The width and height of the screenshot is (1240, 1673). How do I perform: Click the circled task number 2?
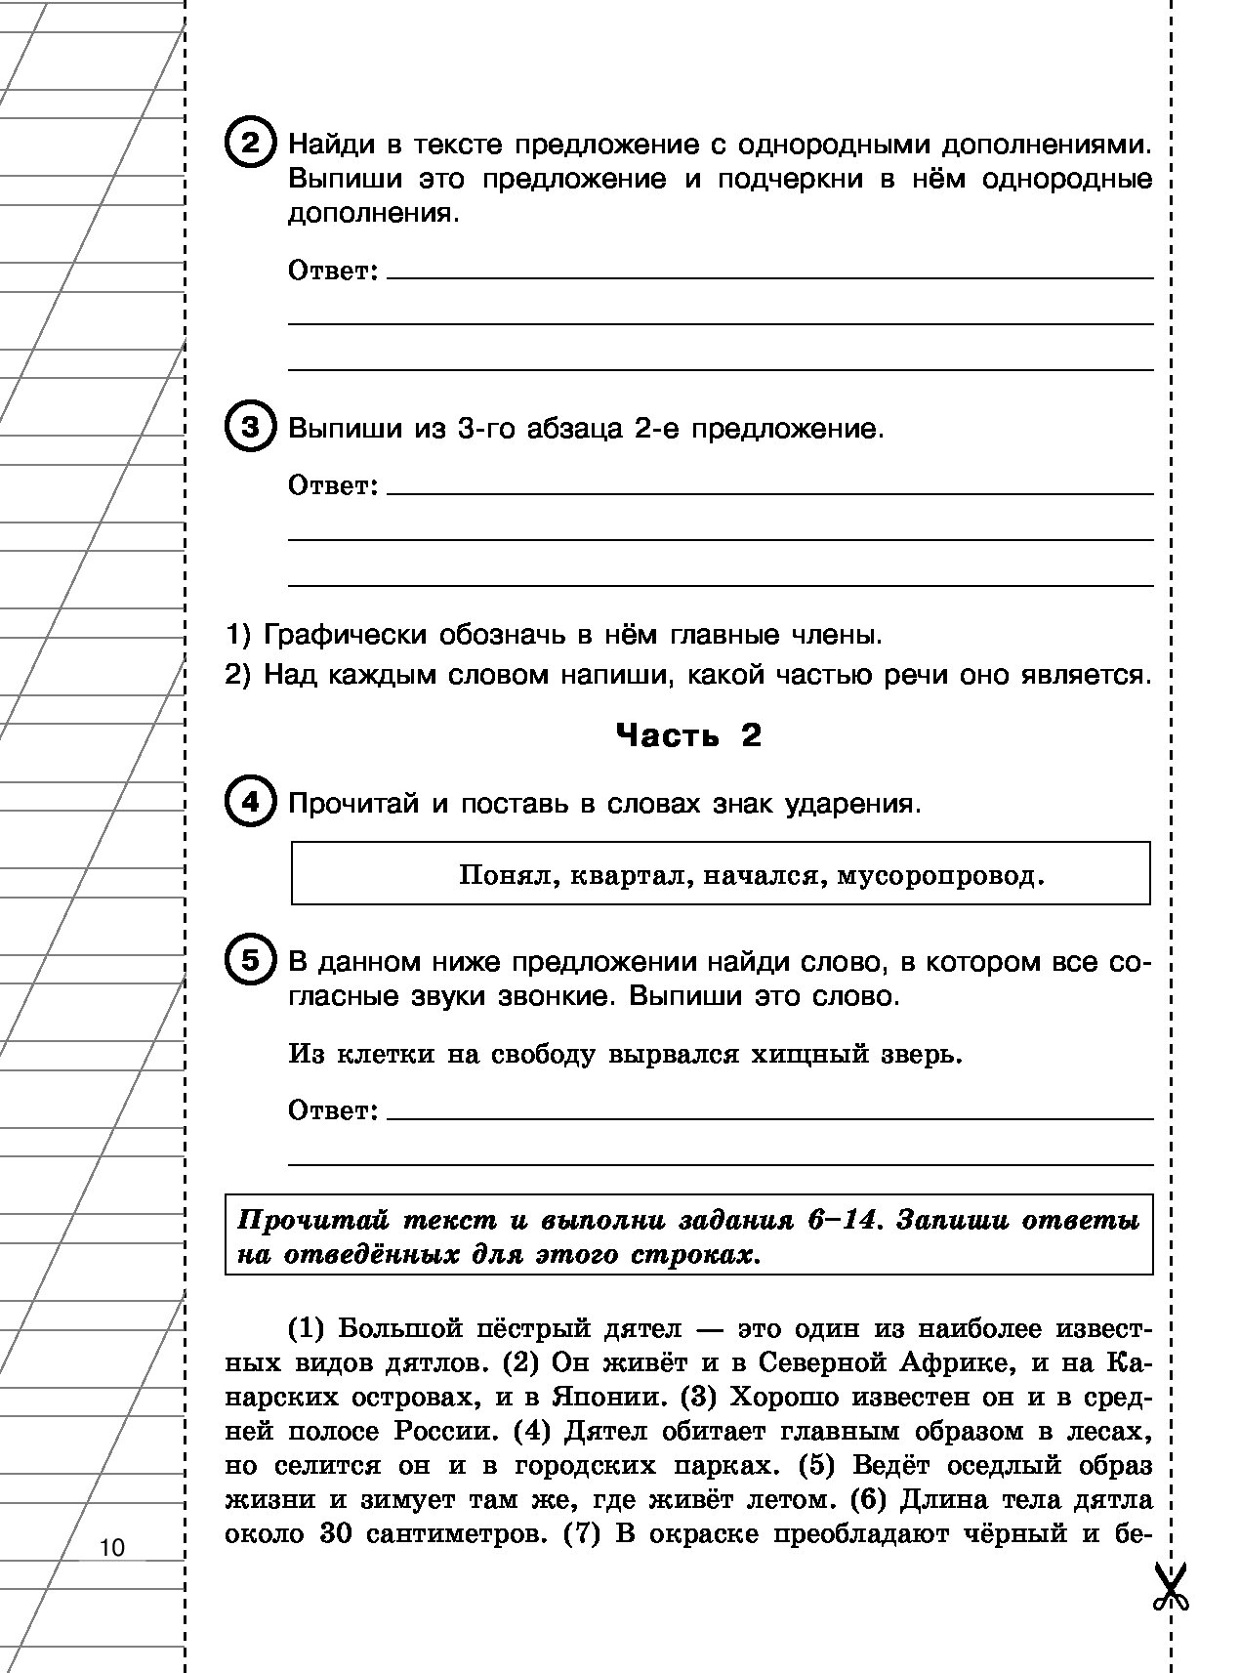click(251, 145)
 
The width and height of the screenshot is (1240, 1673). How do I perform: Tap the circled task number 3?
click(251, 428)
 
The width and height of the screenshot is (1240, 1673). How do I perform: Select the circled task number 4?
click(251, 803)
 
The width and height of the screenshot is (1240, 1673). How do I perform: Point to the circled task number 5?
click(251, 961)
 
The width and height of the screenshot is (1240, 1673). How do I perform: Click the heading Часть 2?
click(688, 735)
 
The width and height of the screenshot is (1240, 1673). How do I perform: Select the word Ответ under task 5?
click(333, 1110)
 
